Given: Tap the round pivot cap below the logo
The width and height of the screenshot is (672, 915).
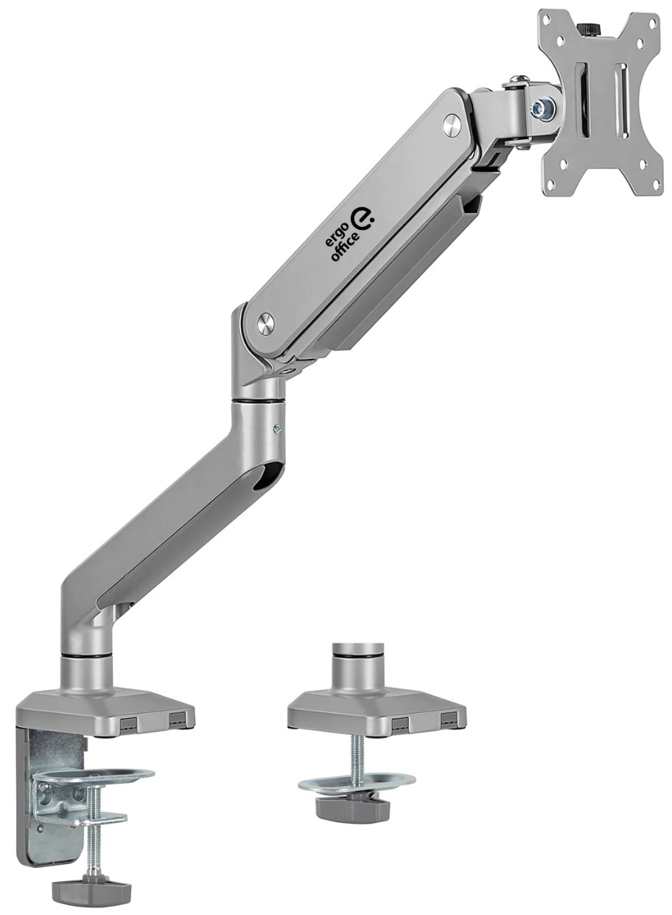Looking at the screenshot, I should coord(265,321).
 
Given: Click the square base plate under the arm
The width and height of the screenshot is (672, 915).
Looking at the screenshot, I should coord(106,707).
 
